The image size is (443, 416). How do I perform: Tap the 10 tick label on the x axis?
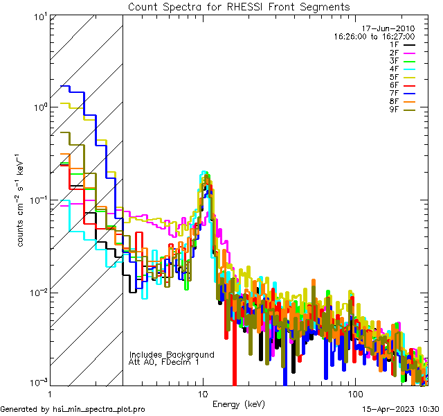pyautogui.click(x=202, y=394)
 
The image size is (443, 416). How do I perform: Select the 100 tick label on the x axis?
pyautogui.click(x=354, y=394)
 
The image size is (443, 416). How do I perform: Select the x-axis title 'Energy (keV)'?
pyautogui.click(x=239, y=404)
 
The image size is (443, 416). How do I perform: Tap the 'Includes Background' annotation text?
pyautogui.click(x=172, y=354)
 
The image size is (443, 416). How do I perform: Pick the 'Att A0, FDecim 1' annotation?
pyautogui.click(x=164, y=362)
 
